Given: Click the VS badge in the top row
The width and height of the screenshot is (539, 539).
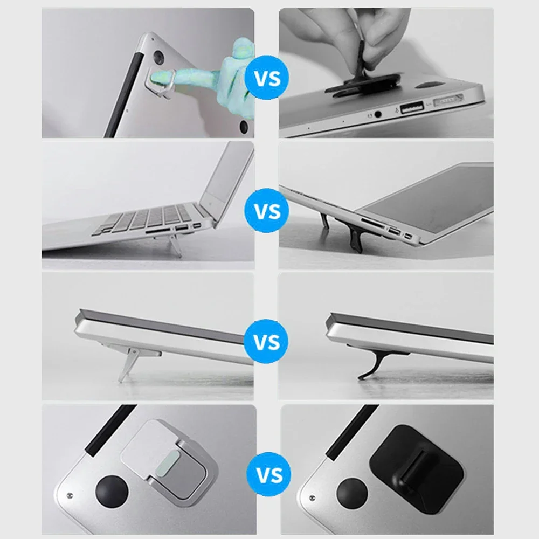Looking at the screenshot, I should coord(267,79).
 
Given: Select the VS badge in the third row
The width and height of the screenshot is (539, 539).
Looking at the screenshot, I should coord(267,342).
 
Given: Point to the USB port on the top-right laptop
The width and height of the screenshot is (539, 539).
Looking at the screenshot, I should coord(412,106).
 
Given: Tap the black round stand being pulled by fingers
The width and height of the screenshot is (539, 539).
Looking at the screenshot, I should coord(367,86).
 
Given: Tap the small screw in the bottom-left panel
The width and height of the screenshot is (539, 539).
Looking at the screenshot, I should coord(70,495).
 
